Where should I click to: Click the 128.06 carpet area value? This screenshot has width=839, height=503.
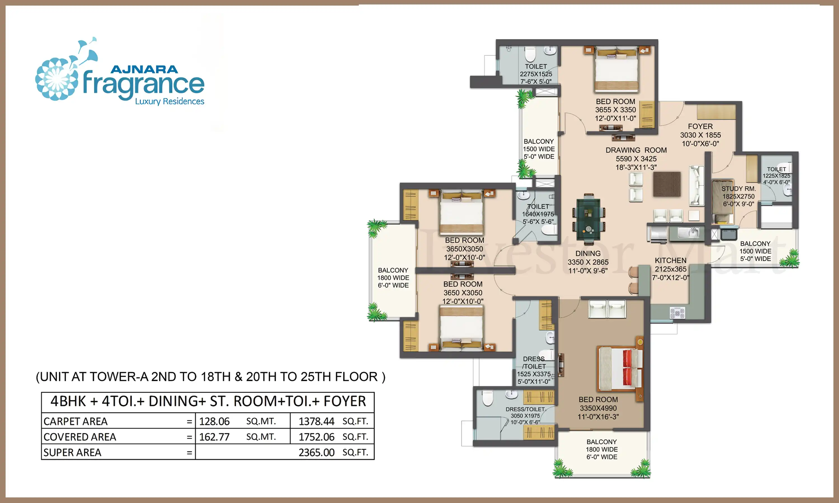click(x=214, y=421)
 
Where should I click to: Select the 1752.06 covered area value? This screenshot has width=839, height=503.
click(x=316, y=437)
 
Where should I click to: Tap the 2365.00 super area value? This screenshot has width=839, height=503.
click(x=316, y=452)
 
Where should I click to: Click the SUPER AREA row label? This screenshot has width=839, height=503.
click(x=72, y=452)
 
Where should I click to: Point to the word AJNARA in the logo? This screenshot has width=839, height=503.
click(x=144, y=70)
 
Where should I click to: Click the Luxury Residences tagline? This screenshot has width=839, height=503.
click(x=169, y=101)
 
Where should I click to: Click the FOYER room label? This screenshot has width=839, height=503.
click(x=700, y=126)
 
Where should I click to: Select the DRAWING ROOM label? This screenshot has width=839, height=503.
click(x=636, y=150)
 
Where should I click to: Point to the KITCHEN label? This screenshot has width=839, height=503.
click(x=670, y=260)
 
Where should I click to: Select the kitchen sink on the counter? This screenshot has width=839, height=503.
click(x=689, y=232)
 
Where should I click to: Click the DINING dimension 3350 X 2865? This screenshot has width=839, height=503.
click(x=588, y=262)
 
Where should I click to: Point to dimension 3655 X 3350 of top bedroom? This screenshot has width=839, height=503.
click(x=616, y=110)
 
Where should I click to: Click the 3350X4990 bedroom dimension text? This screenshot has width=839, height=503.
click(x=598, y=408)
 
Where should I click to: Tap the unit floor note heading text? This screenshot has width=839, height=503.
click(x=211, y=377)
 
